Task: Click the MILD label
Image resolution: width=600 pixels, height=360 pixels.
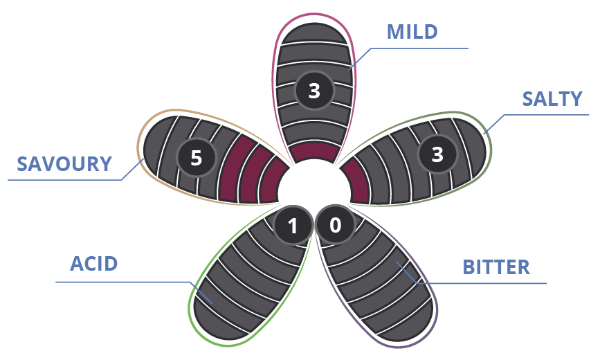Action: click(x=412, y=32)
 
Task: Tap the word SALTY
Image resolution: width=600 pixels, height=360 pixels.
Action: click(x=552, y=99)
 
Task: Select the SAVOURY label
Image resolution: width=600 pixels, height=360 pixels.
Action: click(x=64, y=164)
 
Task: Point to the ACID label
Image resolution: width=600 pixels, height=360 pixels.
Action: click(x=93, y=264)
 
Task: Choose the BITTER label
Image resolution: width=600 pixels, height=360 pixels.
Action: click(x=496, y=267)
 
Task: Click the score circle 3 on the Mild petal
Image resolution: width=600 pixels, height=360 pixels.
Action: click(x=314, y=91)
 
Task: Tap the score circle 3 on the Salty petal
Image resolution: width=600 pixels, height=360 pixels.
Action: click(x=437, y=154)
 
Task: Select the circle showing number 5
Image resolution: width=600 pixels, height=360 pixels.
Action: click(x=197, y=157)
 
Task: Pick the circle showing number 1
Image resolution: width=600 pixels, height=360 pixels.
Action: click(x=293, y=225)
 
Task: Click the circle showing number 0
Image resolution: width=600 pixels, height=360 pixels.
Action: click(x=335, y=225)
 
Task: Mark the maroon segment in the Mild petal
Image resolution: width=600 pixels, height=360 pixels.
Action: click(x=314, y=152)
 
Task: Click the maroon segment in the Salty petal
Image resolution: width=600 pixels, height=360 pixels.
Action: click(x=356, y=180)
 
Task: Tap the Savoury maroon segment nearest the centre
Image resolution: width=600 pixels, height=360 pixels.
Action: click(x=273, y=181)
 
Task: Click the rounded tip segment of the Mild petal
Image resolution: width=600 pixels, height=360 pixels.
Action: click(x=314, y=33)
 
